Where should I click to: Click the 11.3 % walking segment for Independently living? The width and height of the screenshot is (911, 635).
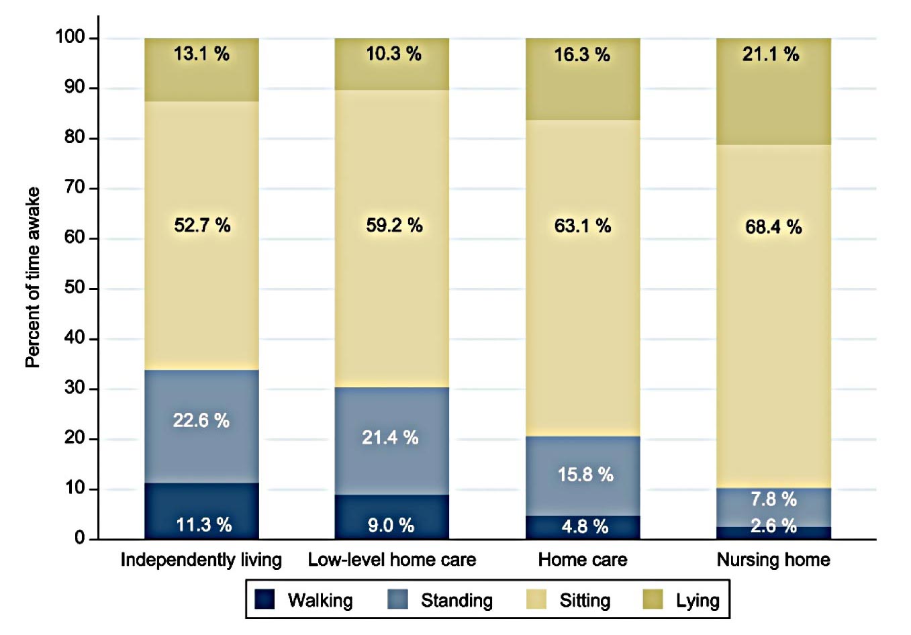tap(201, 511)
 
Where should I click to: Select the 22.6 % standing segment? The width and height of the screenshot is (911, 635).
tap(201, 426)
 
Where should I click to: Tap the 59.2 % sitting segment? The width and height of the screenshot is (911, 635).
tap(392, 238)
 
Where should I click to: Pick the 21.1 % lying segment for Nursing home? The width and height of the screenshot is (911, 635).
tap(773, 91)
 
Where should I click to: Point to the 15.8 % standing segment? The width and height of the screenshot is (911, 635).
tap(583, 476)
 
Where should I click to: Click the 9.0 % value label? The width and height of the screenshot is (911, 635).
tap(391, 526)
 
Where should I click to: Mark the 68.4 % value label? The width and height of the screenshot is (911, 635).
tap(773, 227)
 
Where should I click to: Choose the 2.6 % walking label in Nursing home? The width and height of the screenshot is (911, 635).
tap(773, 526)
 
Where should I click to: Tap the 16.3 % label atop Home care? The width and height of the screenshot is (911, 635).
tap(582, 54)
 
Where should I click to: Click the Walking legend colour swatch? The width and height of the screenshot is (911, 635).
tap(265, 599)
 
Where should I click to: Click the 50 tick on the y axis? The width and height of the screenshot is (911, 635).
tap(75, 288)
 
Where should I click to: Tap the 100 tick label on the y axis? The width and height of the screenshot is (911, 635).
tap(70, 38)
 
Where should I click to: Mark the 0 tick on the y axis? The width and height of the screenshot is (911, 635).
tap(81, 538)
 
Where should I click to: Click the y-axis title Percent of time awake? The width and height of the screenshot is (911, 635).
tap(33, 277)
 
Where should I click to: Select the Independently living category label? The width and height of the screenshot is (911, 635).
tap(201, 560)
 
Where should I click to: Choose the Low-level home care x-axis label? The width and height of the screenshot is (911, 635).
tap(392, 560)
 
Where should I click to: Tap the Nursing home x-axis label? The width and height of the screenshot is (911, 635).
tap(773, 560)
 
